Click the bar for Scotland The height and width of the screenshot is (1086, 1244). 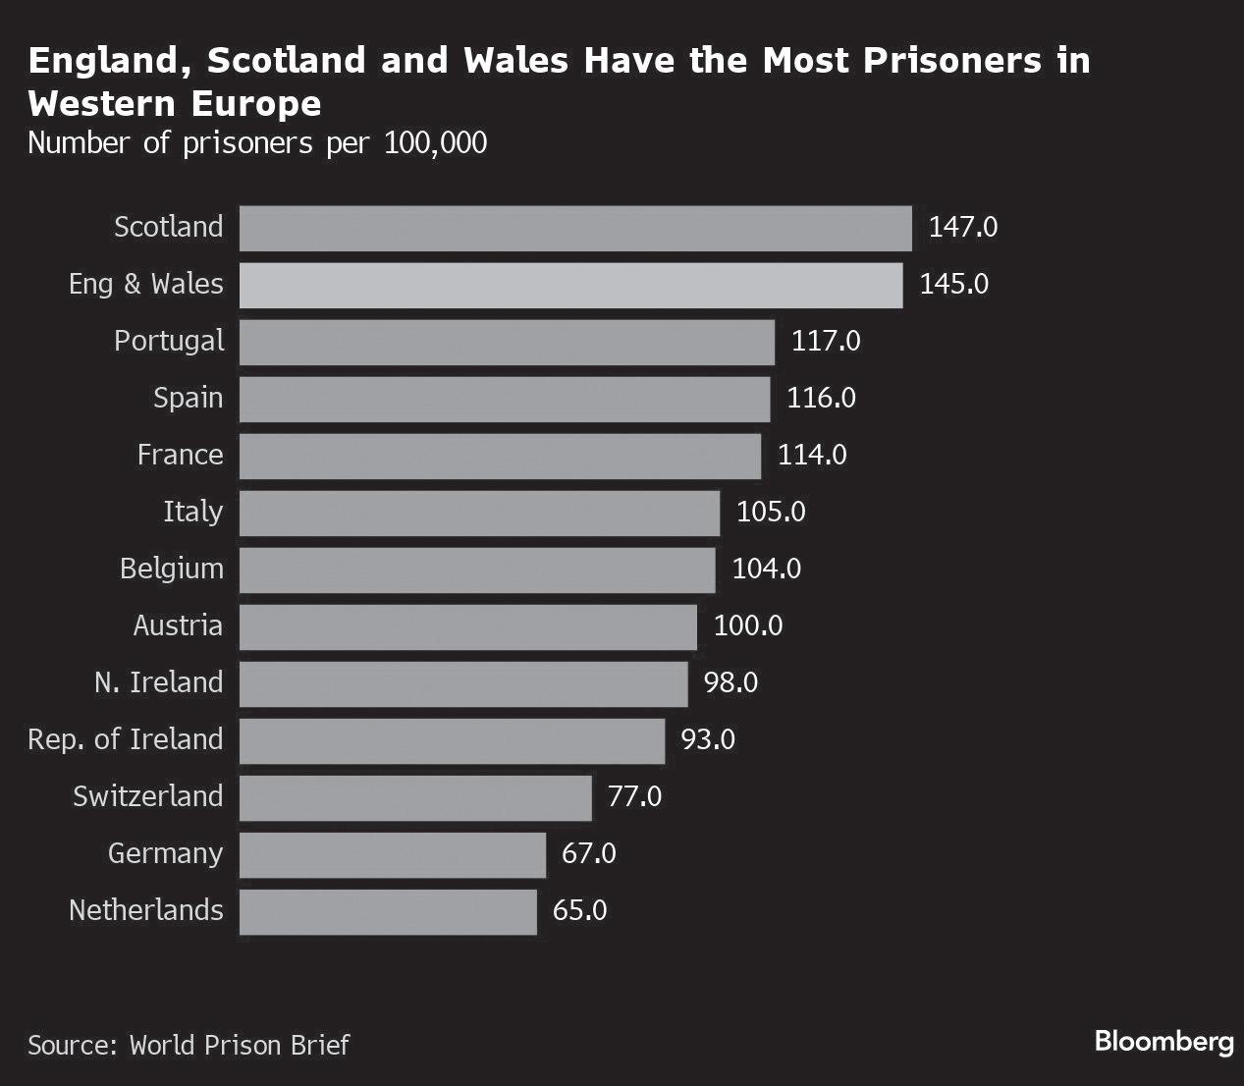tap(575, 228)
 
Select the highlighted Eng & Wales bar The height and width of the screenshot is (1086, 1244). tap(570, 285)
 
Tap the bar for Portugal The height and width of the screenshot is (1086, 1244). tap(507, 342)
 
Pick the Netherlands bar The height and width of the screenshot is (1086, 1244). tap(388, 911)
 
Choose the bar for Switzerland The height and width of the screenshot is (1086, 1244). tap(415, 797)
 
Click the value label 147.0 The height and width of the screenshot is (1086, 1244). tap(962, 228)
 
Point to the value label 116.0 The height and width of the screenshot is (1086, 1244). tap(821, 399)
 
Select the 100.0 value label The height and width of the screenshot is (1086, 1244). tap(747, 626)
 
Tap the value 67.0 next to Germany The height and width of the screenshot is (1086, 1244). tap(588, 854)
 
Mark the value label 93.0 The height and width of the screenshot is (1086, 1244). tap(708, 740)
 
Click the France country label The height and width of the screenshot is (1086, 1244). tap(180, 456)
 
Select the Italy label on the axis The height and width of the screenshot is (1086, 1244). tap(192, 513)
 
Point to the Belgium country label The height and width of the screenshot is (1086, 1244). tap(172, 570)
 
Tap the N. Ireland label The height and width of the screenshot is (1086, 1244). tap(159, 683)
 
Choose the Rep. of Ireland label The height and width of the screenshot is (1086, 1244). tap(126, 740)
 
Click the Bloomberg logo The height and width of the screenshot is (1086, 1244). tap(1163, 1042)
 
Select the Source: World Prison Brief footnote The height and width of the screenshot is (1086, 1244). tap(189, 1045)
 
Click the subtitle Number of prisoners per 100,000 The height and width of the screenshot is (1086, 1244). tap(257, 143)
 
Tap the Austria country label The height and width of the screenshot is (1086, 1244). tap(178, 626)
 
